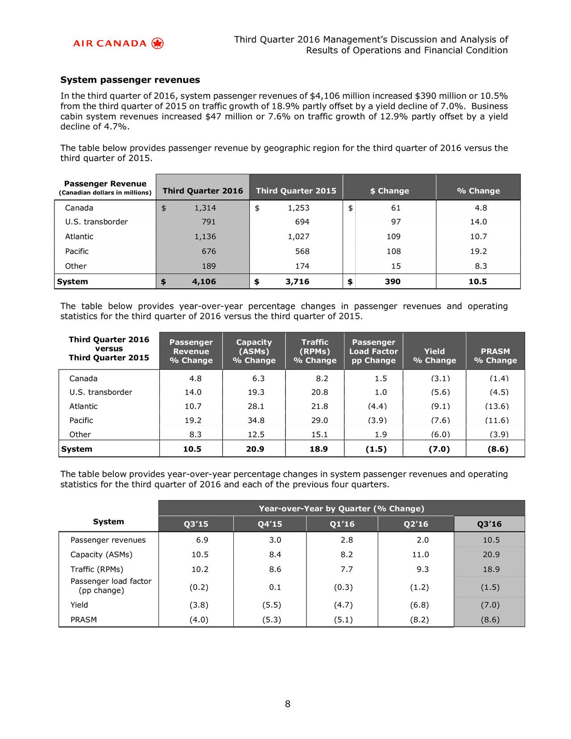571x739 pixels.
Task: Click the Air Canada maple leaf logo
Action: pyautogui.click(x=157, y=43)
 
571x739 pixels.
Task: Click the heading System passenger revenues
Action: pyautogui.click(x=130, y=80)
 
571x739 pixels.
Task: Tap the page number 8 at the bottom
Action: pyautogui.click(x=288, y=704)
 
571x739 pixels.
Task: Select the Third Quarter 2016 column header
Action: pyautogui.click(x=203, y=191)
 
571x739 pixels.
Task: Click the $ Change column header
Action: pyautogui.click(x=389, y=191)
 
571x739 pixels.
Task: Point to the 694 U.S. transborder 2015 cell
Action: pyautogui.click(x=302, y=222)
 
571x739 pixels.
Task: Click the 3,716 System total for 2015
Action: pyautogui.click(x=297, y=282)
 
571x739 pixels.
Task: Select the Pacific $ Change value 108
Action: pyautogui.click(x=393, y=251)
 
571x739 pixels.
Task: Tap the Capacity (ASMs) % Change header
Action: pyautogui.click(x=254, y=351)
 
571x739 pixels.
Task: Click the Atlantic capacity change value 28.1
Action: pyautogui.click(x=256, y=407)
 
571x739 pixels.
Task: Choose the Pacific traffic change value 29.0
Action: pyautogui.click(x=319, y=420)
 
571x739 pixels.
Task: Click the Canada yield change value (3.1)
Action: pyautogui.click(x=440, y=379)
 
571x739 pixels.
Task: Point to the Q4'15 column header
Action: pyautogui.click(x=269, y=524)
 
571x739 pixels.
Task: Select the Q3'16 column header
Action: pyautogui.click(x=489, y=524)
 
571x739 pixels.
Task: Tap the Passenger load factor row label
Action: pyautogui.click(x=111, y=586)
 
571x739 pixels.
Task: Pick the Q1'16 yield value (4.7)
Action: pyautogui.click(x=343, y=605)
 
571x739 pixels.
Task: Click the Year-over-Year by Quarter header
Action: pyautogui.click(x=341, y=509)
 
